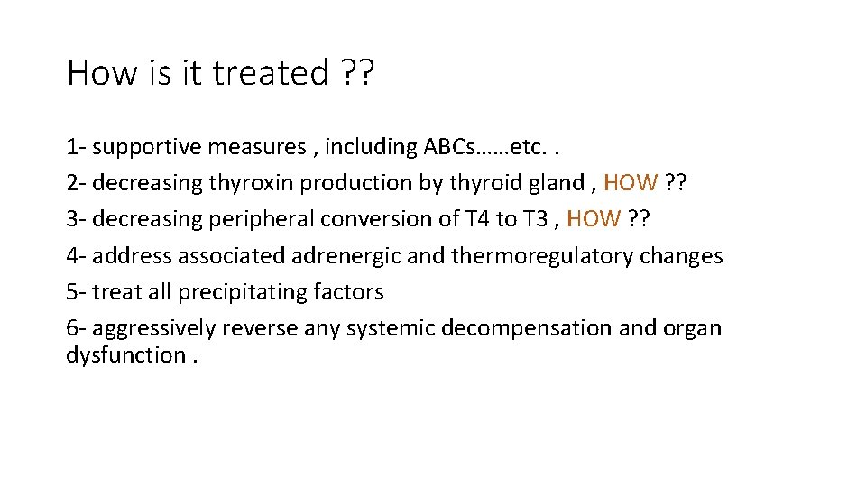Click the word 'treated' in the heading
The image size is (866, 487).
271,73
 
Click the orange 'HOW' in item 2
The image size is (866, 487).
631,183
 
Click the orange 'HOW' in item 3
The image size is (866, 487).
594,219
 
